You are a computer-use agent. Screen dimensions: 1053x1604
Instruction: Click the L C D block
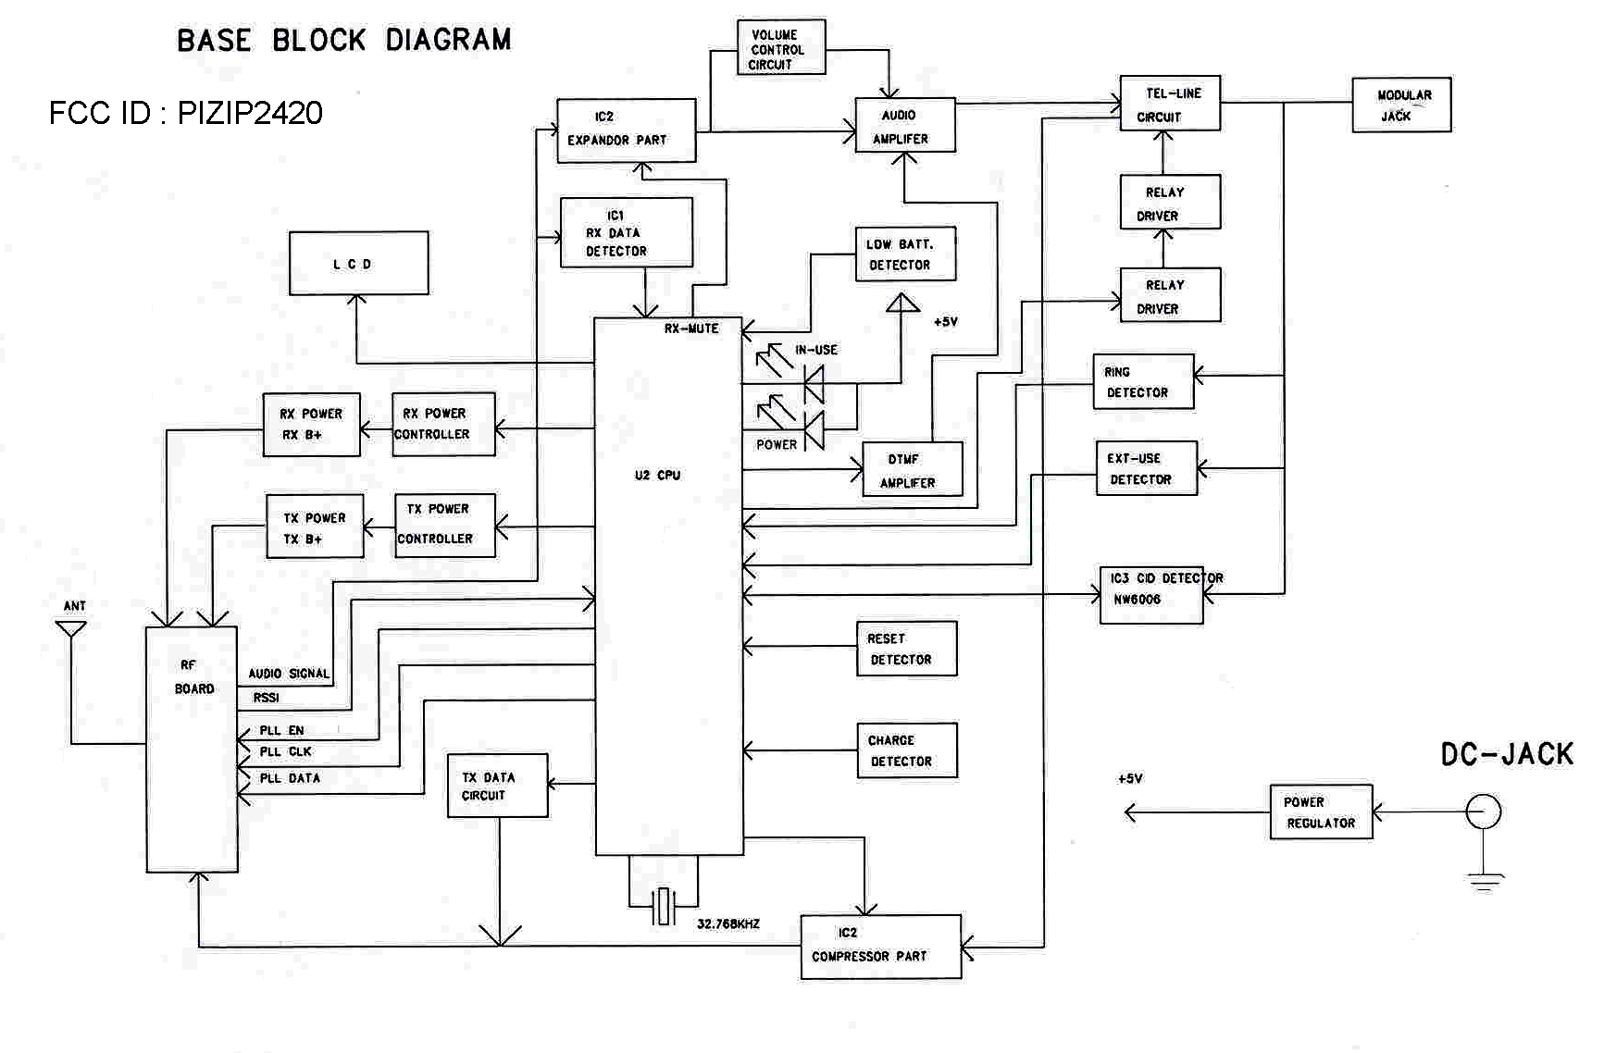pos(358,264)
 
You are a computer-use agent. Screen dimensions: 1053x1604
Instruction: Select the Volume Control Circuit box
pos(781,48)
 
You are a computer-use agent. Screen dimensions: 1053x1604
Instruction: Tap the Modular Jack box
pos(1401,105)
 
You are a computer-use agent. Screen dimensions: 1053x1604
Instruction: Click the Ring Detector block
pos(1143,381)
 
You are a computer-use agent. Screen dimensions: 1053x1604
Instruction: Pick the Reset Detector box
pos(906,649)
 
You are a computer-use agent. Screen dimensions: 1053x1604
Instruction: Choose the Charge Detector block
pos(906,750)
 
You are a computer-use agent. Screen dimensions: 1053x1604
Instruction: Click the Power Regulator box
pos(1321,812)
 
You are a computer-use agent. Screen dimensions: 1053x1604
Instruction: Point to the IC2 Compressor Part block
pos(880,947)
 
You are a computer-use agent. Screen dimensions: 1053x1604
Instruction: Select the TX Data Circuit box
pos(498,786)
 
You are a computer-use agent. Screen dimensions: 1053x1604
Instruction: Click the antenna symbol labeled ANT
pos(71,628)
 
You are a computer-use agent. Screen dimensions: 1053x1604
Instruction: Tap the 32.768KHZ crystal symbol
pos(663,906)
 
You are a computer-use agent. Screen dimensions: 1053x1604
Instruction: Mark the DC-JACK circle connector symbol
pos(1484,811)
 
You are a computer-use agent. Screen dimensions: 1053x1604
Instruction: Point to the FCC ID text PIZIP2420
pos(185,113)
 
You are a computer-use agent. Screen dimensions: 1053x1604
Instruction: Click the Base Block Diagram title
pos(343,41)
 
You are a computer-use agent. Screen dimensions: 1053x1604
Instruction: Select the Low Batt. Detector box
pos(905,254)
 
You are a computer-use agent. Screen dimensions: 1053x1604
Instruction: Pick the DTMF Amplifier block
pos(912,470)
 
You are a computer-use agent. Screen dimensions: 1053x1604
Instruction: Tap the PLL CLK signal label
pos(285,752)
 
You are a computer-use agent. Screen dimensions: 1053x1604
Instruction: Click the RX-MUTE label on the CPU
pos(691,328)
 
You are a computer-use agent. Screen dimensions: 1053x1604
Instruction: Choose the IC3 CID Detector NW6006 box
pos(1151,595)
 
